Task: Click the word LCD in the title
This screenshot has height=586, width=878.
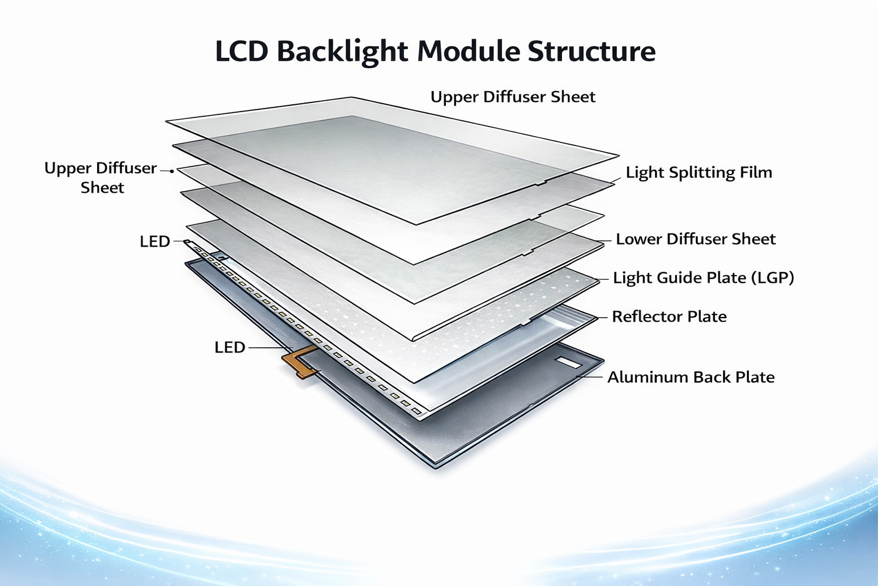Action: (241, 52)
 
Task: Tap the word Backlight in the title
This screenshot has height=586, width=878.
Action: (342, 52)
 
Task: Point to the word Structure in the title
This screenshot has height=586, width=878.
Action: (591, 52)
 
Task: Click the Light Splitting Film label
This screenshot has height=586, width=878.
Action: (699, 172)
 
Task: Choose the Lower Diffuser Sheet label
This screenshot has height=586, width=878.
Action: (695, 239)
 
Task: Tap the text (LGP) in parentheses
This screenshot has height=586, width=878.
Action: (772, 278)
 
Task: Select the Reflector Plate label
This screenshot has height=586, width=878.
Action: (669, 316)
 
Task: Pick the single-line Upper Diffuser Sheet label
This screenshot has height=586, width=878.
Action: (513, 97)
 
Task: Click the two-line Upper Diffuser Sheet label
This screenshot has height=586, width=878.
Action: (101, 177)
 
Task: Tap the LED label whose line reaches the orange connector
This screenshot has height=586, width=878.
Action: (229, 347)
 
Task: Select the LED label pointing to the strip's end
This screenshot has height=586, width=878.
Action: (155, 241)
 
